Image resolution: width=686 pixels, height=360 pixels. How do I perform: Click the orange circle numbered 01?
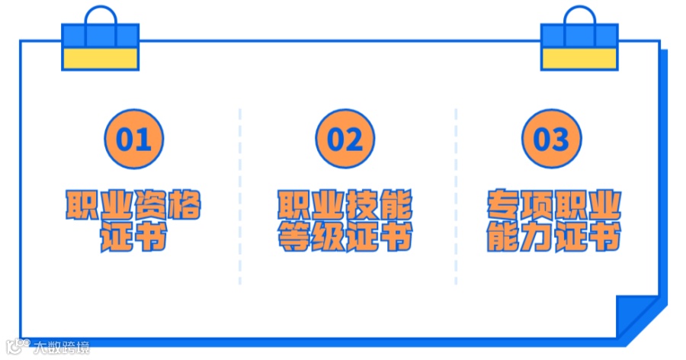[133, 140]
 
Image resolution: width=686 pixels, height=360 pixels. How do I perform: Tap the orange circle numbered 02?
[345, 140]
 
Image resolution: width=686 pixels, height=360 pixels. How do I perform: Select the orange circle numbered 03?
[551, 140]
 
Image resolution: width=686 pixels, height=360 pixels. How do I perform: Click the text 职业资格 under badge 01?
[133, 204]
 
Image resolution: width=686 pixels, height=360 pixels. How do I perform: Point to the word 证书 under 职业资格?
[133, 239]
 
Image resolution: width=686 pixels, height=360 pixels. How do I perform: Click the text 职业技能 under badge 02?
[345, 204]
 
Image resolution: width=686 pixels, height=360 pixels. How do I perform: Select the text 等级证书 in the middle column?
[345, 239]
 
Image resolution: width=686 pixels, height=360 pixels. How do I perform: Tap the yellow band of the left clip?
[101, 59]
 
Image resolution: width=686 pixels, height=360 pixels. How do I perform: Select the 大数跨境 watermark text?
[62, 349]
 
